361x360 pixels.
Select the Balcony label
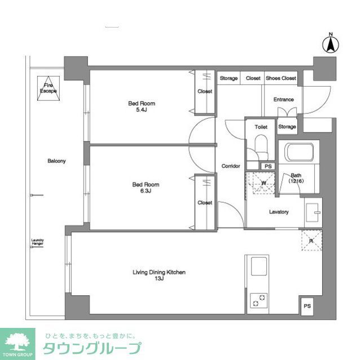56,161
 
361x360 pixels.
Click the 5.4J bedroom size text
142,110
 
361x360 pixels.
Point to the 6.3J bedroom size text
145,191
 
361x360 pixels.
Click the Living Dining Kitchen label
159,272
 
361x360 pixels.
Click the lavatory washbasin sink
312,212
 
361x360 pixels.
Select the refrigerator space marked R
311,241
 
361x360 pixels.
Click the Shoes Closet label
280,78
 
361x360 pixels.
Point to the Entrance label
284,100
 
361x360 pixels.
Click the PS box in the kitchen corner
307,306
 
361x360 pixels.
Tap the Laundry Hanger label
37,243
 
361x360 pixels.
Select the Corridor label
231,166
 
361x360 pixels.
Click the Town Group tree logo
17,341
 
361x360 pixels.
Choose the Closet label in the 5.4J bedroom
205,91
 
